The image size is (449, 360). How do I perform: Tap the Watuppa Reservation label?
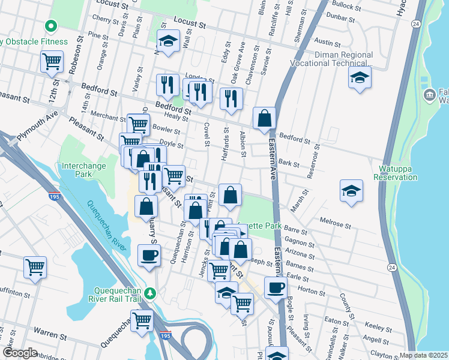pyautogui.click(x=395, y=173)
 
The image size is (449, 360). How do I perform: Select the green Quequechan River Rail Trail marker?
pyautogui.click(x=152, y=293)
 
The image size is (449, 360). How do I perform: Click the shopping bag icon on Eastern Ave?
pyautogui.click(x=264, y=118)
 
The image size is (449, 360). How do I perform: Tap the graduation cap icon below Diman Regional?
pyautogui.click(x=359, y=77)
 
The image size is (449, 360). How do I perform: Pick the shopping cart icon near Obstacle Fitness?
pyautogui.click(x=52, y=61)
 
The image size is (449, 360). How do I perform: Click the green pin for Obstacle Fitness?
pyautogui.click(x=51, y=26)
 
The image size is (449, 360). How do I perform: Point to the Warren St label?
pyautogui.click(x=49, y=331)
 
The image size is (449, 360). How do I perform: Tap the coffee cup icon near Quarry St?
pyautogui.click(x=149, y=255)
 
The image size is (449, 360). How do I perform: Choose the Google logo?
pyautogui.click(x=20, y=353)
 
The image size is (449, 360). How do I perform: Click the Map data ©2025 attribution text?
pyautogui.click(x=424, y=355)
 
